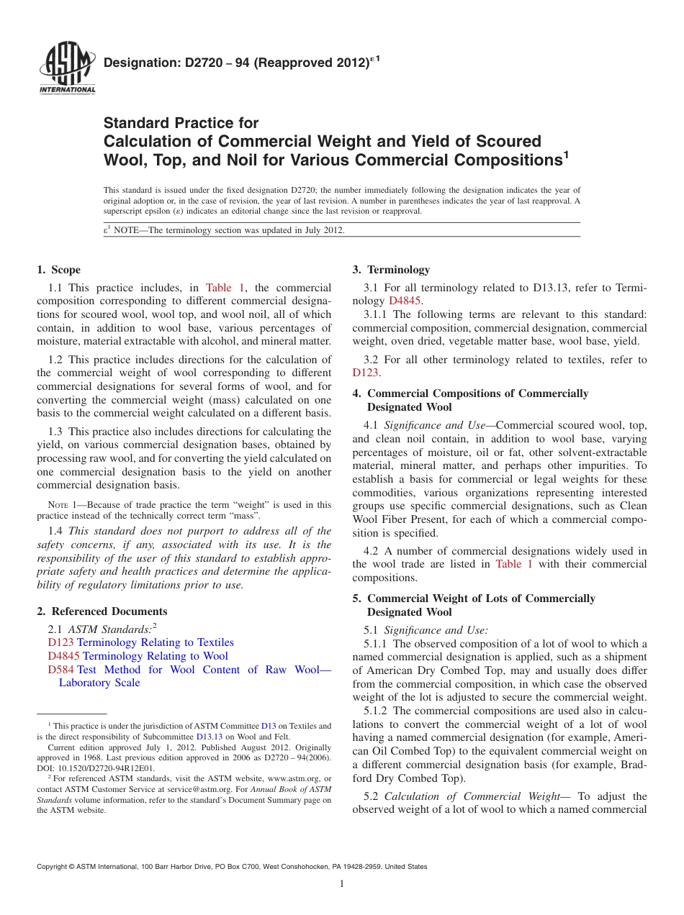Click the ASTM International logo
(66, 68)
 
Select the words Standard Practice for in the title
(181, 123)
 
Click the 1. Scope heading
(58, 270)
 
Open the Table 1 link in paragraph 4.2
(514, 564)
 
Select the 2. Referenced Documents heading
(102, 611)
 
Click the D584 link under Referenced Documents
(59, 670)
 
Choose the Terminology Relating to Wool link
(156, 656)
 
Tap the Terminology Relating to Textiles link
(156, 642)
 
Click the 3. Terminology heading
(391, 270)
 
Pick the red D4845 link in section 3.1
(405, 301)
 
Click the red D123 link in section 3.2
(366, 373)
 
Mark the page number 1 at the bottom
(342, 884)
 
